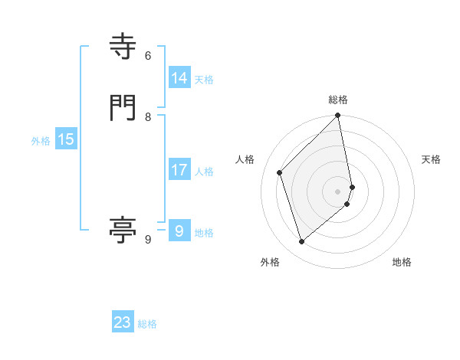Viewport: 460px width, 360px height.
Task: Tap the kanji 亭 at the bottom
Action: pos(123,229)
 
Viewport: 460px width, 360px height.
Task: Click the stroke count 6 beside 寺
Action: pos(148,56)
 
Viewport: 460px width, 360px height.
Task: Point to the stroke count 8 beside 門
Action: pos(148,117)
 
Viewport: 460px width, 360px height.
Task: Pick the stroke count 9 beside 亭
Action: pos(148,240)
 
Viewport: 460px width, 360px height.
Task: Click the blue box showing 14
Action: pos(179,78)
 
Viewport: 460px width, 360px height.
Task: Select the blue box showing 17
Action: pos(179,170)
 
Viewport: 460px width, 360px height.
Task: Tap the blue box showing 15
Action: pos(65,139)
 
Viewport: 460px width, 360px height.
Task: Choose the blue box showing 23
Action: pos(123,322)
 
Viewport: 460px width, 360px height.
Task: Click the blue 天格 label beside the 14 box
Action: pos(204,80)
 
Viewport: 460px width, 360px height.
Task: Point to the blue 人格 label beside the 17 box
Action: pos(204,172)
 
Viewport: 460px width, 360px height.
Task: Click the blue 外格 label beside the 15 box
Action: pos(41,141)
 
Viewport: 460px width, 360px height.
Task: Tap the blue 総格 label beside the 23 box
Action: pos(147,324)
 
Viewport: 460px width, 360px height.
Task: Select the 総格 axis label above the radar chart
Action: pos(338,100)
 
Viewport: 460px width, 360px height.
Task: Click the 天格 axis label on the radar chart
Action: pos(431,159)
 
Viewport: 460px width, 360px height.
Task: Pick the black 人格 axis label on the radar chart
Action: pos(245,159)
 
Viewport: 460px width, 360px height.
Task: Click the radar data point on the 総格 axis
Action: pos(338,116)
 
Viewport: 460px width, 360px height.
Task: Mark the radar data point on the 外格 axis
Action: pos(301,242)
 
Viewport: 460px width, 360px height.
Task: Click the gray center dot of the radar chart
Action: pos(338,191)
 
